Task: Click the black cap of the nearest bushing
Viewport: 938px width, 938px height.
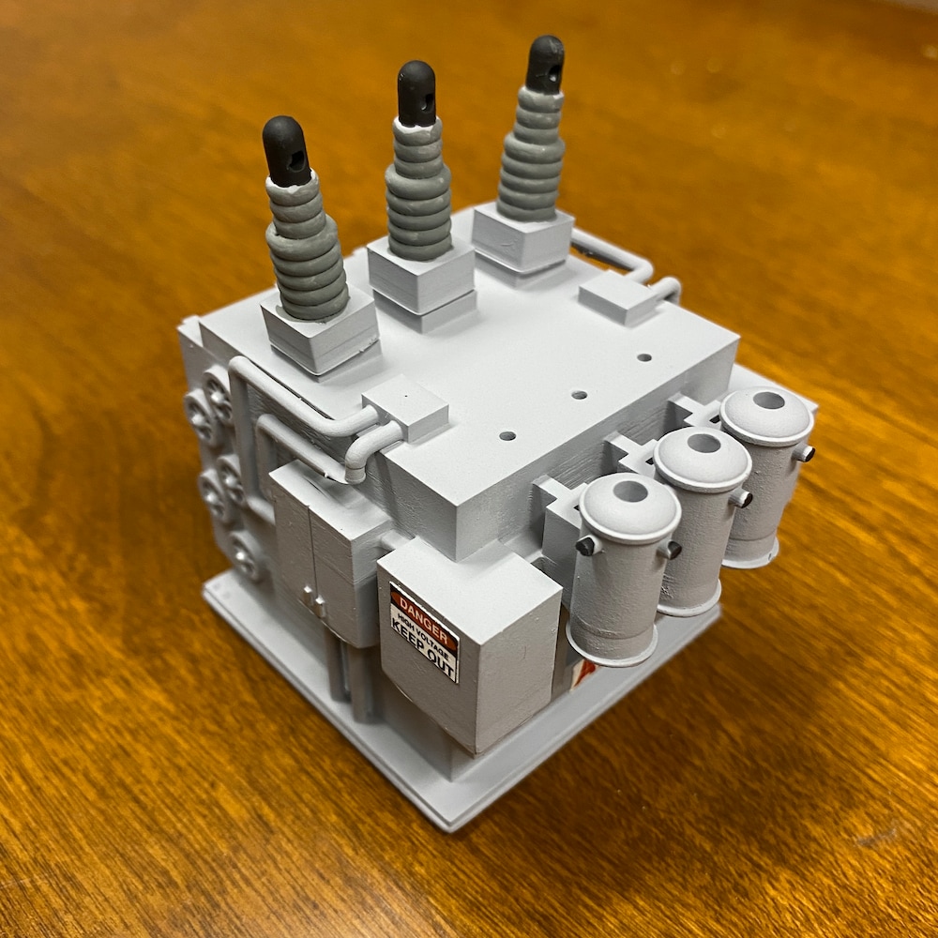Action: click(285, 150)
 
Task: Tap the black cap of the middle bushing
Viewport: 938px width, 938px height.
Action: click(416, 93)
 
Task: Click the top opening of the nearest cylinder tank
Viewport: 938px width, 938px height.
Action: click(630, 491)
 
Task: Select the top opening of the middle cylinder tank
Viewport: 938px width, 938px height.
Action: click(703, 444)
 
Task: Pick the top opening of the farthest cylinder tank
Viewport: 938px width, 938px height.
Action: click(768, 401)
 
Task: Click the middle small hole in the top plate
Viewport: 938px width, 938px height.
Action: click(579, 395)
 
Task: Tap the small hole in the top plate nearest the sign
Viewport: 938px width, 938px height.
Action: click(507, 435)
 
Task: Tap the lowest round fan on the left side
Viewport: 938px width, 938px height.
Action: click(246, 555)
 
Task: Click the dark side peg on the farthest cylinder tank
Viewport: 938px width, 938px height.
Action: click(805, 454)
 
